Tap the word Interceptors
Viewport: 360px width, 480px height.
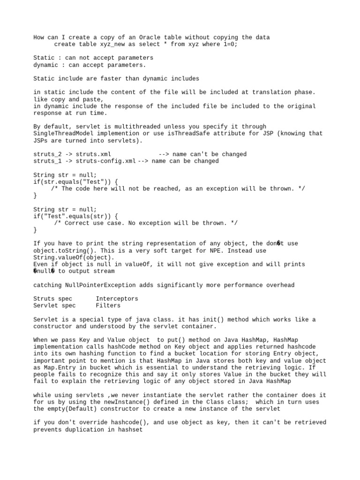[117, 299]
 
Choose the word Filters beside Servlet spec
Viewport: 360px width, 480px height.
[108, 306]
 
